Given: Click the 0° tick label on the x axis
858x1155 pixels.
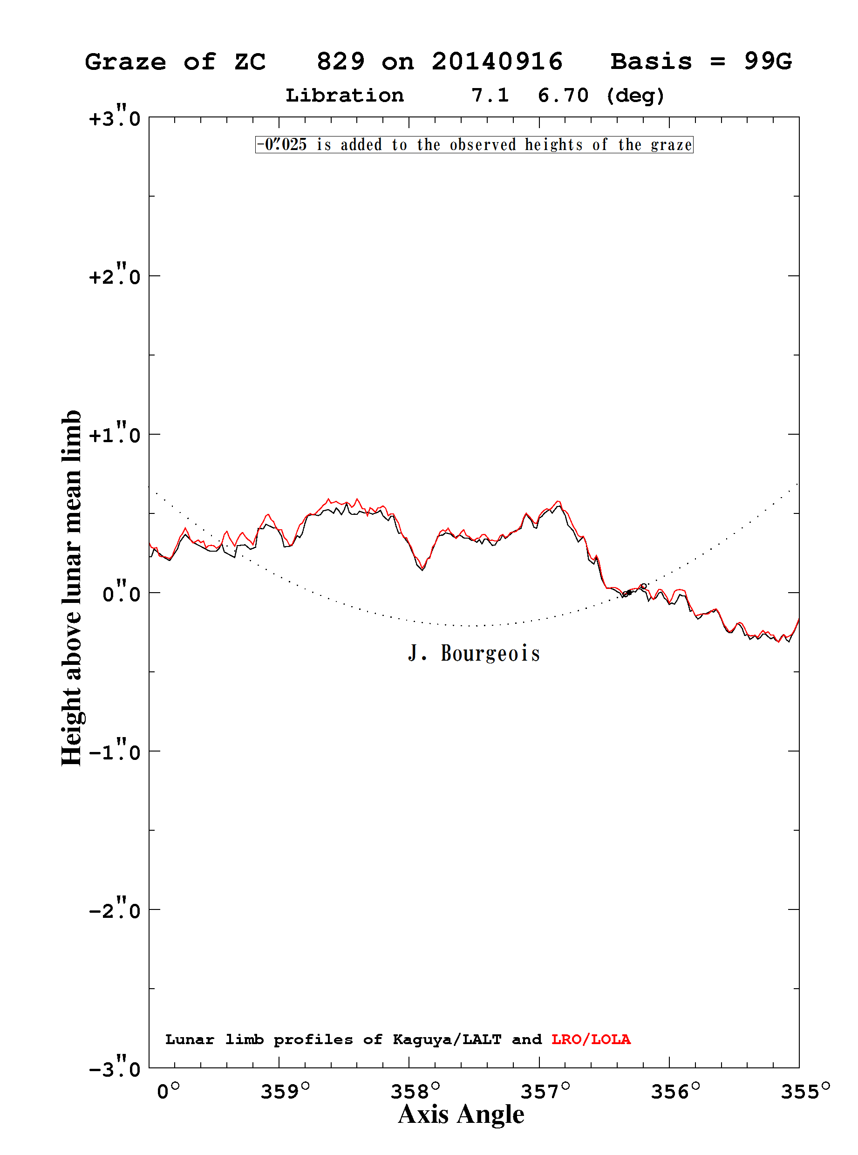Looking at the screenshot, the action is [x=168, y=1091].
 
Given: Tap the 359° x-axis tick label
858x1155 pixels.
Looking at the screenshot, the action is [x=285, y=1091].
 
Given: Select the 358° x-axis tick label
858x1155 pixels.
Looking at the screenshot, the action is [x=415, y=1091].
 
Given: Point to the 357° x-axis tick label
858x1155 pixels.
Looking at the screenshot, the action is [x=545, y=1091].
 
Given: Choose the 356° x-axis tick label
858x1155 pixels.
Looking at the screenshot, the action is [x=676, y=1091].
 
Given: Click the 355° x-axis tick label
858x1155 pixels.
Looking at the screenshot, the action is [x=805, y=1091].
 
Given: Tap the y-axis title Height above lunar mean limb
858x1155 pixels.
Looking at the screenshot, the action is [x=72, y=588].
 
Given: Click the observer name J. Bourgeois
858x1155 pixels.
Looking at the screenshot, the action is [x=474, y=653].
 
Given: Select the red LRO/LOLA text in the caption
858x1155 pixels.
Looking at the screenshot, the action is [x=591, y=1039].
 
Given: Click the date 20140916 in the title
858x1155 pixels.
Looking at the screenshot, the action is [x=497, y=62].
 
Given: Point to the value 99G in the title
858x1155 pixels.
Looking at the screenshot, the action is [x=768, y=62].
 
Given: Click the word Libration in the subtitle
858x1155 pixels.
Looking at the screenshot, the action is [x=345, y=96].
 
